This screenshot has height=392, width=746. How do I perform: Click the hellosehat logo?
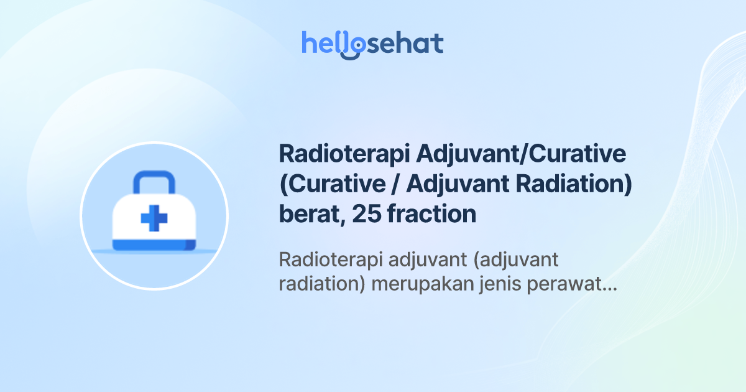coord(372,44)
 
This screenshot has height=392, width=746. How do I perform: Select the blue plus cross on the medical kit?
coord(154,218)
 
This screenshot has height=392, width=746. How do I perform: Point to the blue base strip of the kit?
coord(154,246)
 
